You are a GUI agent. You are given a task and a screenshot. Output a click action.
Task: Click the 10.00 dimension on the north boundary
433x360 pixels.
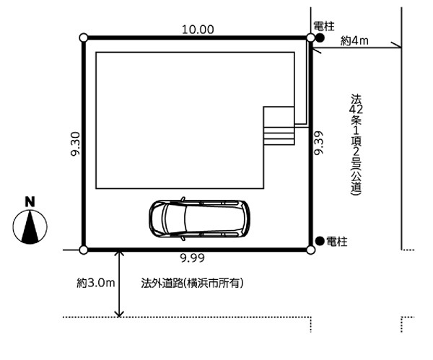click(x=198, y=30)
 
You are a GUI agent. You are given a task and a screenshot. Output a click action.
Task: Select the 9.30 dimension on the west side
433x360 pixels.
click(x=75, y=144)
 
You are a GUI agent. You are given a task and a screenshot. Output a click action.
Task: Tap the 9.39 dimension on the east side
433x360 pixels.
click(x=319, y=143)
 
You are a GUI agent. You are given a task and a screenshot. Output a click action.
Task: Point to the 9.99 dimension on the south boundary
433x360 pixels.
click(x=193, y=258)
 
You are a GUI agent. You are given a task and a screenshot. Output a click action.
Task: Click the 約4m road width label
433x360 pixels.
click(x=354, y=41)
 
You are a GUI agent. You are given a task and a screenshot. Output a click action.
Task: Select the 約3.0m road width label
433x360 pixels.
click(x=95, y=283)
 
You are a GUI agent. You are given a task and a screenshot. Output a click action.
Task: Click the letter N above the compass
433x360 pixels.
click(x=30, y=202)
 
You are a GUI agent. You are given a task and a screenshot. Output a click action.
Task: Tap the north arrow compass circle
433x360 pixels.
click(x=30, y=227)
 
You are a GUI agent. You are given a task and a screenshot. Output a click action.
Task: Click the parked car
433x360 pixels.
click(x=199, y=219)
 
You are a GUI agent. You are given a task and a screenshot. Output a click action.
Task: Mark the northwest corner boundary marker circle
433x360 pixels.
click(x=84, y=38)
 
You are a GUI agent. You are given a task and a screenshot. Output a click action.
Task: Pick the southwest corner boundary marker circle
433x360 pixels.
click(x=84, y=250)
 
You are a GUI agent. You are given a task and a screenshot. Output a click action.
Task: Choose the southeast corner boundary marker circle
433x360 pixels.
click(x=310, y=250)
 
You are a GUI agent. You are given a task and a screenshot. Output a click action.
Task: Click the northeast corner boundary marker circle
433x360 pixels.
click(x=310, y=38)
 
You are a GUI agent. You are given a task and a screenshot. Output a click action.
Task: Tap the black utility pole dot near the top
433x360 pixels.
click(x=320, y=38)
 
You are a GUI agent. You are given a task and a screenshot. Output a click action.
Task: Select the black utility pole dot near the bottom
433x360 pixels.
click(x=320, y=241)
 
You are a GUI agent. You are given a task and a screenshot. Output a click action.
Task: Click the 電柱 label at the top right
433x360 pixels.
click(x=324, y=27)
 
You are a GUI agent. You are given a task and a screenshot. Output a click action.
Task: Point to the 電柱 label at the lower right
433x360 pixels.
click(x=336, y=242)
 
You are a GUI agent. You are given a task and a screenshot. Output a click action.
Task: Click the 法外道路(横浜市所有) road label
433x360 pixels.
click(x=192, y=283)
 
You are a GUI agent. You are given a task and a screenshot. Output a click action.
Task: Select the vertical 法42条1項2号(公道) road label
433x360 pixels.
click(x=356, y=145)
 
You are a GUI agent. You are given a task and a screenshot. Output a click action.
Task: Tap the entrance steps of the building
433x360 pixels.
click(x=279, y=136)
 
